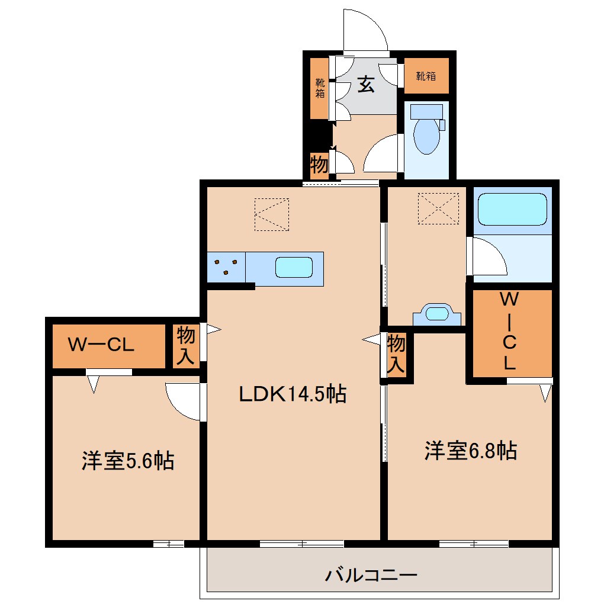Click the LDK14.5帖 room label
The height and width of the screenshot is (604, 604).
tap(292, 394)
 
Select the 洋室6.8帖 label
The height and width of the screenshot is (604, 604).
tap(470, 451)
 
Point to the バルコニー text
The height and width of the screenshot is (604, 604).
tap(371, 574)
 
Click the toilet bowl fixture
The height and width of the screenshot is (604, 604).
tap(426, 134)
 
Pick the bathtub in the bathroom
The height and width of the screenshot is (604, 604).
tap(512, 209)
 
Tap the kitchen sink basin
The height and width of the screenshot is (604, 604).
tap(294, 268)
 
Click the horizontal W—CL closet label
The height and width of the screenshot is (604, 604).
tap(101, 345)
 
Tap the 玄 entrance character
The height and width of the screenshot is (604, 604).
tap(366, 86)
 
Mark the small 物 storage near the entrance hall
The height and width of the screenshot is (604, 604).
tap(319, 164)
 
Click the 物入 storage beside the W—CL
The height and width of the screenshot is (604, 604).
tap(186, 346)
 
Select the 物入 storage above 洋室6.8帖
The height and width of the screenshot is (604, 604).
tap(396, 354)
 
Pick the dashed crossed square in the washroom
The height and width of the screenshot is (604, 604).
tap(438, 208)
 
